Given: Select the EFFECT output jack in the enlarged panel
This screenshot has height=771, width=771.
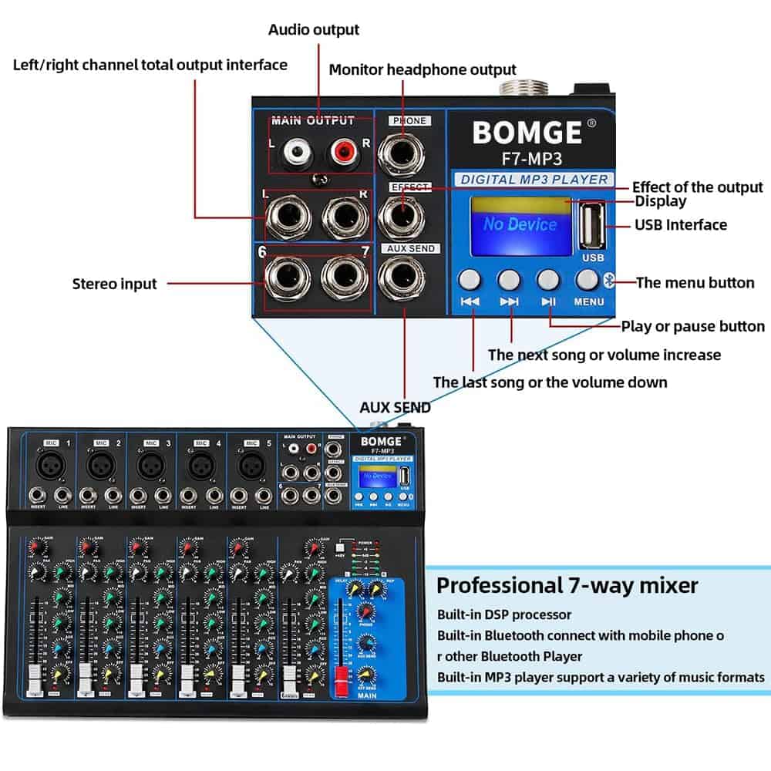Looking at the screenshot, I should (402, 214).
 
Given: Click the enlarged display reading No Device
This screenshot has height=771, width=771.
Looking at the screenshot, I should (519, 224).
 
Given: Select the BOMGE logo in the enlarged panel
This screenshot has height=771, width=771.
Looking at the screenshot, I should (527, 133).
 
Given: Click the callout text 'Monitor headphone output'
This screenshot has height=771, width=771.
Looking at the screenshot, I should (423, 70).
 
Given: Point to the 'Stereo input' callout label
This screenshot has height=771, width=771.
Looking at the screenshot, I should (114, 284).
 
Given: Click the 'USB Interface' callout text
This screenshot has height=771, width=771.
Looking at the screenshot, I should (681, 225).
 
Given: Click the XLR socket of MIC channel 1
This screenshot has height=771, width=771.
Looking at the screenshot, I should (51, 465).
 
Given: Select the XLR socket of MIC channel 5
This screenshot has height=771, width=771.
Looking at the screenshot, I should (250, 465).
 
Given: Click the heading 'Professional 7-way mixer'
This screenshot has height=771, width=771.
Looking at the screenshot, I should (567, 585).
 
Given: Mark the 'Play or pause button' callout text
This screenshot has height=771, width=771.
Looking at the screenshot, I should (692, 326).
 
